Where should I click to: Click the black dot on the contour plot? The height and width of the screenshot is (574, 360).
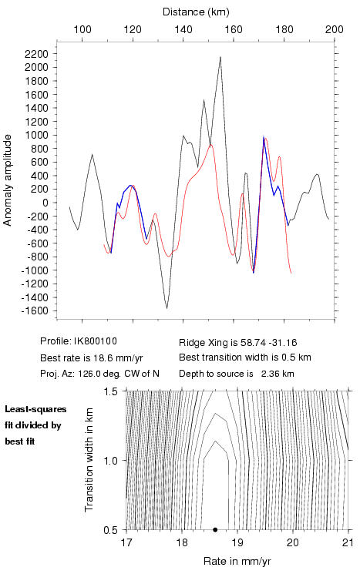point(215,529)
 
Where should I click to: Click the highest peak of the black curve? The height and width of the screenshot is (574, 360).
point(220,57)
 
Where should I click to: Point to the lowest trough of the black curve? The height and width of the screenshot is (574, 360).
point(167,308)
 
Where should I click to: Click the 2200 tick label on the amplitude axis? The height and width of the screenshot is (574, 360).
point(36,54)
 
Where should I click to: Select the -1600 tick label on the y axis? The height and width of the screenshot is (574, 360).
point(35,310)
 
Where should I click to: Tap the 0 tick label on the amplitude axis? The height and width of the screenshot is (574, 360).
point(45,203)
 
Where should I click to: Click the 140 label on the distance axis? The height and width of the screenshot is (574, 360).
point(183,29)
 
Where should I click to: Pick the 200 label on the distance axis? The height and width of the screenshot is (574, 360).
point(335,29)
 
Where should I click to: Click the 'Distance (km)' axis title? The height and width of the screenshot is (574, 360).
point(196,12)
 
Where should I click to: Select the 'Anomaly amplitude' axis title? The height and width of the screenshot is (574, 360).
point(8,180)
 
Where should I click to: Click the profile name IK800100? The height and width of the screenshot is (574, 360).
point(96,341)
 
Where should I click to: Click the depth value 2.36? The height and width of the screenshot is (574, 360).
point(270,374)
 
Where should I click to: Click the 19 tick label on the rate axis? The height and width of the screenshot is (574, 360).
point(237,542)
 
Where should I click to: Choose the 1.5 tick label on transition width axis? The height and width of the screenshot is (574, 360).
point(110,391)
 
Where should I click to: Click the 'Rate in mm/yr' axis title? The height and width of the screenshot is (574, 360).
point(237,561)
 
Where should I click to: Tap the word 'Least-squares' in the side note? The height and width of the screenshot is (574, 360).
point(35,409)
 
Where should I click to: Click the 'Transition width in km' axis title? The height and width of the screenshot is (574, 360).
point(89,460)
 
